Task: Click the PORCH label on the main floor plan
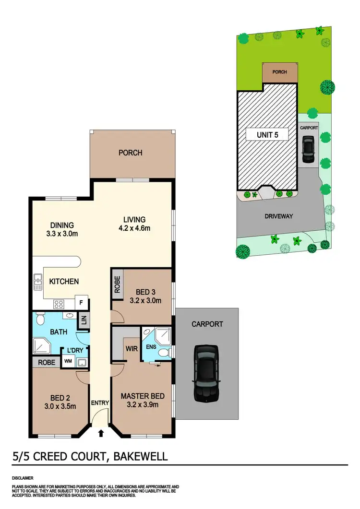[131, 153]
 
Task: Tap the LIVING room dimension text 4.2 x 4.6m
[134, 228]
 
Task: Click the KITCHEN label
[64, 282]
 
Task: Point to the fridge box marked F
[81, 303]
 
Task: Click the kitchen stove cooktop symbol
[59, 303]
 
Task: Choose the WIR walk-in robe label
[132, 348]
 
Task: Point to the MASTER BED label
[143, 396]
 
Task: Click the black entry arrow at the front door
[101, 434]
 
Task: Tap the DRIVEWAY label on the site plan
[278, 216]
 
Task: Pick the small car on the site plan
[307, 150]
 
